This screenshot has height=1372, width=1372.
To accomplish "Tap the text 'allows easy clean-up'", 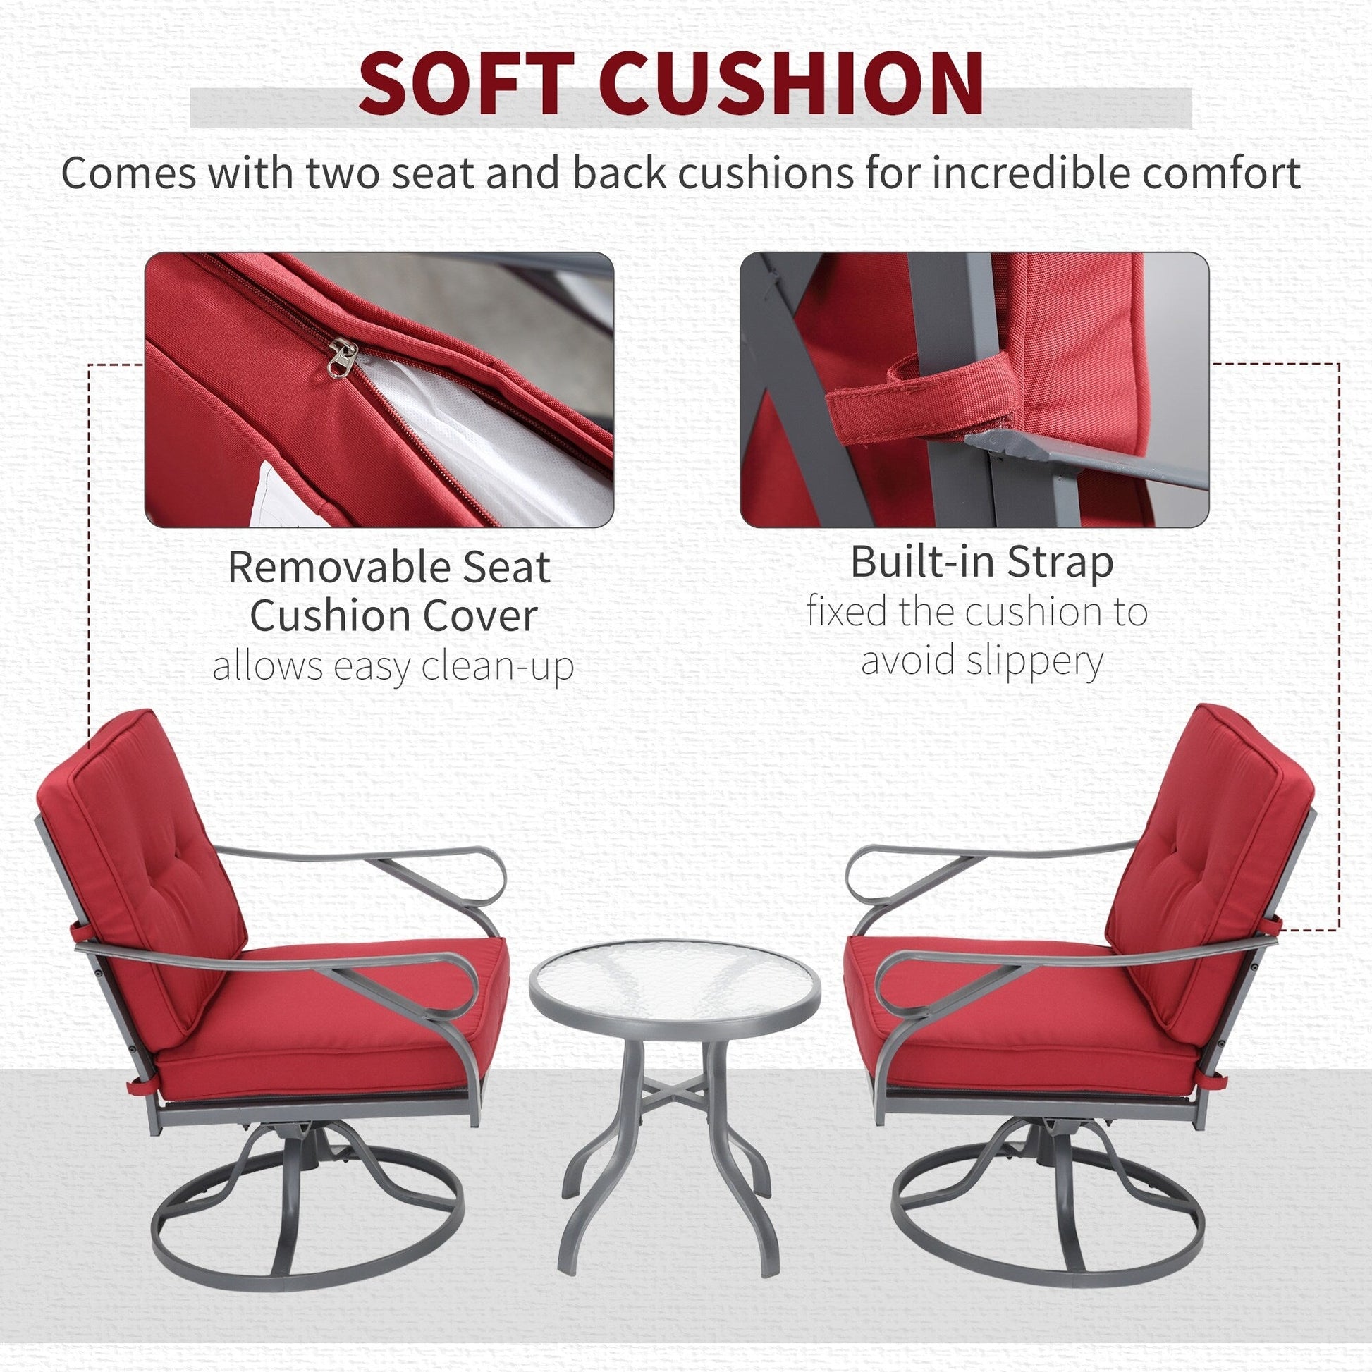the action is tap(393, 667).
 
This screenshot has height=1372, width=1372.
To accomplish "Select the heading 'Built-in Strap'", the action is tap(982, 562).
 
